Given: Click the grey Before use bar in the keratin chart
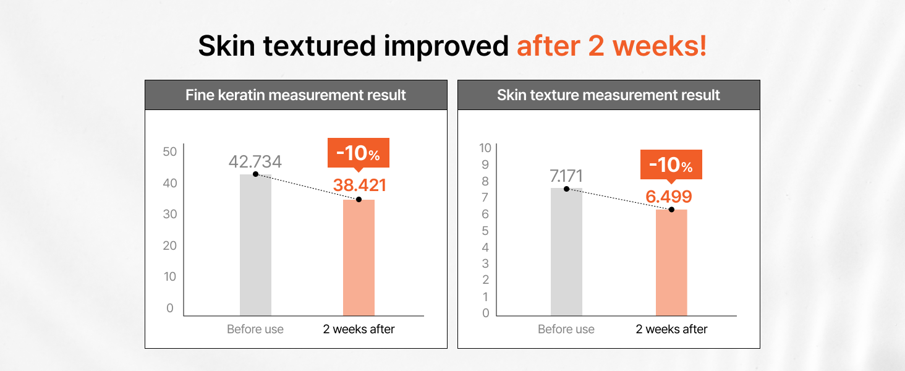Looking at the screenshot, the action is [255, 245].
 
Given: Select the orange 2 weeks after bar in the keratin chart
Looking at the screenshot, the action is [359, 257].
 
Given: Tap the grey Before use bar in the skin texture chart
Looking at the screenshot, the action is [566, 252].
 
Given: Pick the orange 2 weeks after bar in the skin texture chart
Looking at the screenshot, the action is [671, 263].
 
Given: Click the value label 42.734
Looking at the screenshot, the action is [255, 161].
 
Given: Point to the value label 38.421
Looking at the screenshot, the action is [360, 185].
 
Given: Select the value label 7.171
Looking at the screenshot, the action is [566, 176].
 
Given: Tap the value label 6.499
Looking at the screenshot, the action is [669, 197].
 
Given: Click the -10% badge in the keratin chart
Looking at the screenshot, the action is [359, 153].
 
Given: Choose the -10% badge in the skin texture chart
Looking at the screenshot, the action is [671, 165].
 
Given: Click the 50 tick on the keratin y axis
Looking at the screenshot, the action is [169, 151].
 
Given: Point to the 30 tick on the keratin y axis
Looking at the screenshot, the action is [169, 214].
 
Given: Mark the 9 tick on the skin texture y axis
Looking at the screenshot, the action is [485, 164].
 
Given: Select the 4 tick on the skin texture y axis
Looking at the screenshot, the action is [485, 247].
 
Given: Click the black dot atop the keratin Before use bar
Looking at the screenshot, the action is [255, 174].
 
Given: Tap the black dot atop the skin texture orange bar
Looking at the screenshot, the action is [671, 210].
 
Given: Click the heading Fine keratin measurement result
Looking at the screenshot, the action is [295, 95].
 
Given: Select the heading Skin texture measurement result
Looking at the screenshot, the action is [608, 95].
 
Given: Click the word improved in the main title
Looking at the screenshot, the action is [446, 46].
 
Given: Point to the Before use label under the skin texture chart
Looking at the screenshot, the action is [566, 329].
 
